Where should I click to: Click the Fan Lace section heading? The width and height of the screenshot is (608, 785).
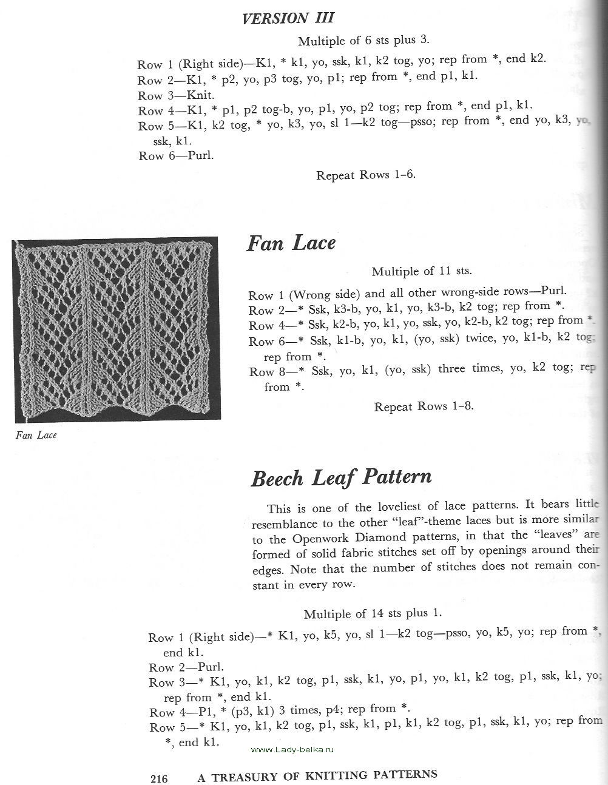click(291, 243)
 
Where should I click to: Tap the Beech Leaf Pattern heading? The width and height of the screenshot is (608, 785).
click(341, 477)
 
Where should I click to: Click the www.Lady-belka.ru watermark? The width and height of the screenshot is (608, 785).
click(292, 749)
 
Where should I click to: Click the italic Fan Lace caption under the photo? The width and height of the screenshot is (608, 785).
click(36, 435)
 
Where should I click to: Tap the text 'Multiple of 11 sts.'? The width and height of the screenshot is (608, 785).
click(422, 271)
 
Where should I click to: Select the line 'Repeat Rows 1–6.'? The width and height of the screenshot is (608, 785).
click(366, 175)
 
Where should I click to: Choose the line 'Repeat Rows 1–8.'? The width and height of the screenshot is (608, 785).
click(424, 406)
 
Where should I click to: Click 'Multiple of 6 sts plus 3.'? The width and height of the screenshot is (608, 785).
click(363, 41)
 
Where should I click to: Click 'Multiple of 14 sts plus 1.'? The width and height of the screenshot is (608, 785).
click(373, 613)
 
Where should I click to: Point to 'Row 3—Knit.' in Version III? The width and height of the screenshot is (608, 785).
click(176, 96)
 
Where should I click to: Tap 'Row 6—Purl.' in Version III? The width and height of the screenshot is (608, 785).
click(176, 156)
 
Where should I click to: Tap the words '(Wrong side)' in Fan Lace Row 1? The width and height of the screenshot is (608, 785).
click(324, 295)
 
